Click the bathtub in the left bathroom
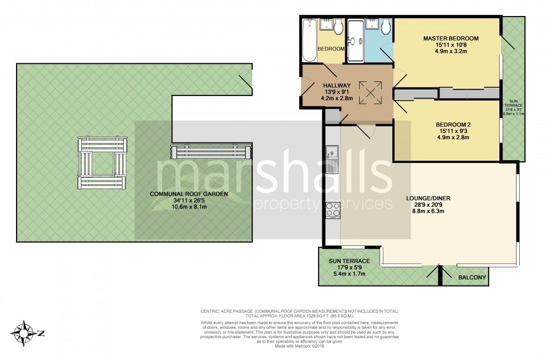[x=309, y=41]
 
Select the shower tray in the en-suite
[x=355, y=41]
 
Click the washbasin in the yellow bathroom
[x=326, y=25]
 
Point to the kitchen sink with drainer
[x=331, y=159]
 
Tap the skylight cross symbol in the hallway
[x=370, y=93]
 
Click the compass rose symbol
[x=25, y=333]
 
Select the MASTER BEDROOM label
[x=451, y=39]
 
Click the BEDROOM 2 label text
[x=453, y=124]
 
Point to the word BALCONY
[x=472, y=277]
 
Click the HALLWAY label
[x=336, y=86]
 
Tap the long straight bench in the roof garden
[x=211, y=152]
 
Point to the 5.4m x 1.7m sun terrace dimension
[x=345, y=274]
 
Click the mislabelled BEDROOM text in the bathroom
[x=331, y=49]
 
